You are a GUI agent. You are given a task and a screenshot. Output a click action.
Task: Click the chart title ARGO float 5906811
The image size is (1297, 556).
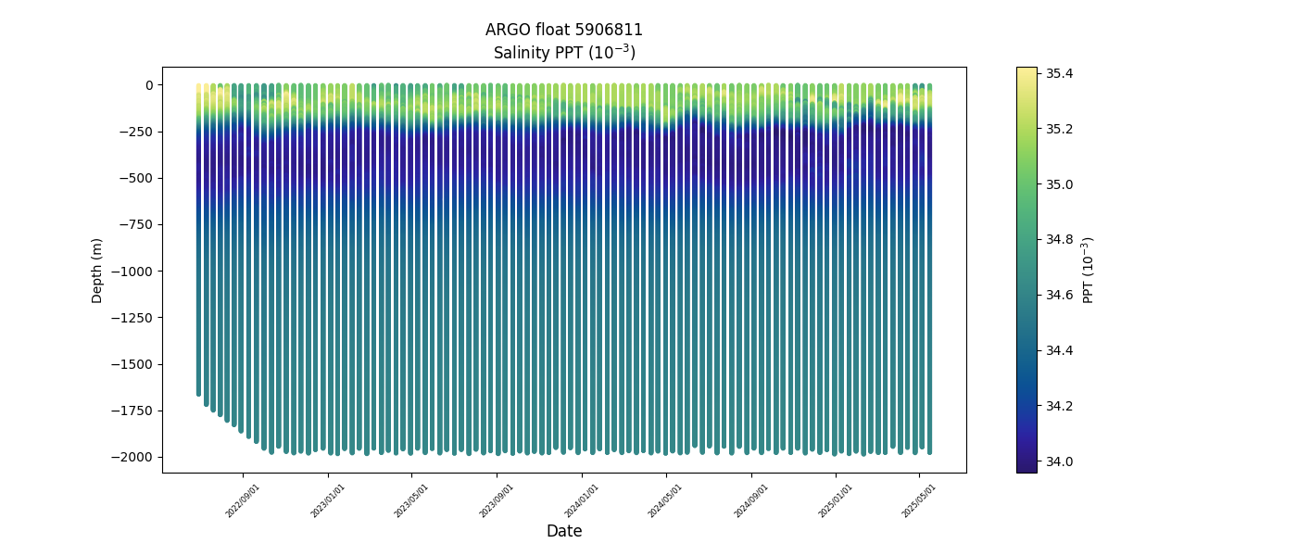click(563, 30)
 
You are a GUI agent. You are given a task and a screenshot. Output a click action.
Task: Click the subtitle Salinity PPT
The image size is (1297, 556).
click(563, 53)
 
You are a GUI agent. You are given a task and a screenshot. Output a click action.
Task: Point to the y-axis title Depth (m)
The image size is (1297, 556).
click(97, 271)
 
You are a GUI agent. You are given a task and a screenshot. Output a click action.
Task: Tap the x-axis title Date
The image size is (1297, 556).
click(563, 531)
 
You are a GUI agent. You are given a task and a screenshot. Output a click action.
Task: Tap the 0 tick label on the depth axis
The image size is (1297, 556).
click(148, 85)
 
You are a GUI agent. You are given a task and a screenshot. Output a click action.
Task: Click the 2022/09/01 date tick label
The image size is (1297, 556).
click(243, 500)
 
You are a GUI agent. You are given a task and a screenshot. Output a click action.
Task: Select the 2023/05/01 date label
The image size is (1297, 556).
click(412, 500)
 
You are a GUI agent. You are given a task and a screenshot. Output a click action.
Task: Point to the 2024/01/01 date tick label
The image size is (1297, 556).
click(582, 500)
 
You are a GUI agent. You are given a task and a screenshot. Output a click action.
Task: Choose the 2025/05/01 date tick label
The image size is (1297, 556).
click(919, 500)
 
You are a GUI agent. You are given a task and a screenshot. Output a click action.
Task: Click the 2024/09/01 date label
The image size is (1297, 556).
click(751, 500)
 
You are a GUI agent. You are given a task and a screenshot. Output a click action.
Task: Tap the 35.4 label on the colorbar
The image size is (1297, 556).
click(1060, 73)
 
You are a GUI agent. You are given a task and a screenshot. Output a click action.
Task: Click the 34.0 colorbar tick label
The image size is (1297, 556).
click(1060, 461)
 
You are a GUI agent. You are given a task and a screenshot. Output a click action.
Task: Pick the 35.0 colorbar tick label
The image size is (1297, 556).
click(1060, 184)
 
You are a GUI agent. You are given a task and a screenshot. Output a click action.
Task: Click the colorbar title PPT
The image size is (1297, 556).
click(1089, 270)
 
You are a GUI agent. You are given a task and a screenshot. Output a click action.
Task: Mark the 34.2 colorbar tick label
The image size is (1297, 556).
click(1060, 406)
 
